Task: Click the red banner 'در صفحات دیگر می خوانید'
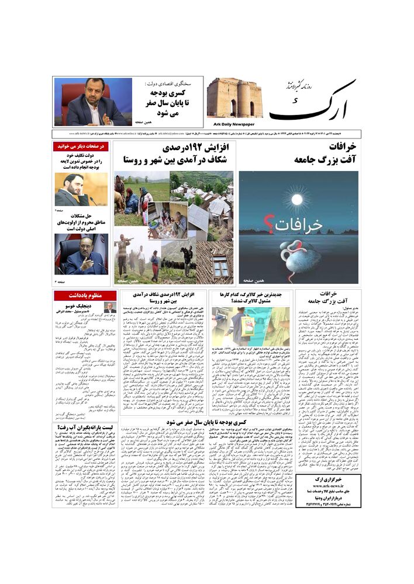click(x=81, y=146)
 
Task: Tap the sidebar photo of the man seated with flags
click(x=81, y=254)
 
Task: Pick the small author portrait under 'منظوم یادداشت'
click(x=110, y=308)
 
